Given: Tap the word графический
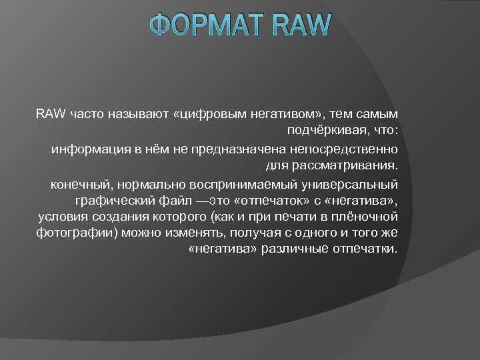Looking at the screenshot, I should pos(111,199).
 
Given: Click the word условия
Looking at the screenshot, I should pos(60,217).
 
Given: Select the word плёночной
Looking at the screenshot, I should pos(368,217).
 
